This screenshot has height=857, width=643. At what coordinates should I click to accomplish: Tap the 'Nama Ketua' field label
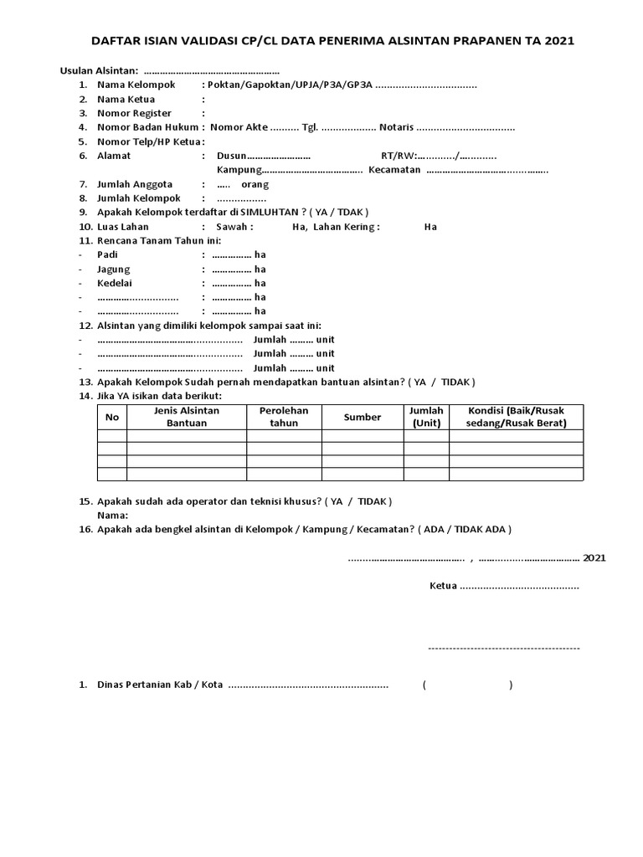coord(126,99)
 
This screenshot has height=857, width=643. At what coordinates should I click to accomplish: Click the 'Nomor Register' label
coord(134,113)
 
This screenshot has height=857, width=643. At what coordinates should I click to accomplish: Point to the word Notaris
coord(396,127)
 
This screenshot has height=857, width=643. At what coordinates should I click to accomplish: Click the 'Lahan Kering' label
coord(346,227)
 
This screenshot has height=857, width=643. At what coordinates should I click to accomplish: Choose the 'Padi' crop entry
coord(107,254)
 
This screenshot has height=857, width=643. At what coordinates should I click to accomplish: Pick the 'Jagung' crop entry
coord(113,269)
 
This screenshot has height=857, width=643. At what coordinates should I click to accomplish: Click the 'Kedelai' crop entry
coord(115,283)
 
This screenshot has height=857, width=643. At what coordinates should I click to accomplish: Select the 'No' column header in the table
coord(112,417)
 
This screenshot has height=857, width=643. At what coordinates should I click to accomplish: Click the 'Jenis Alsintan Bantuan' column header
coord(186,417)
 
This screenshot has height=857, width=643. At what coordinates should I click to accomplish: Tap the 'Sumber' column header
coord(362,417)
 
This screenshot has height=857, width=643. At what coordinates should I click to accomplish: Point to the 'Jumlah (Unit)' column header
coord(426,417)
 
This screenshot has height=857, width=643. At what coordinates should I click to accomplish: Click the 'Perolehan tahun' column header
coord(284,417)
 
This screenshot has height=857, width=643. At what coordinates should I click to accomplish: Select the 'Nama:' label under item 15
coord(112,515)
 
